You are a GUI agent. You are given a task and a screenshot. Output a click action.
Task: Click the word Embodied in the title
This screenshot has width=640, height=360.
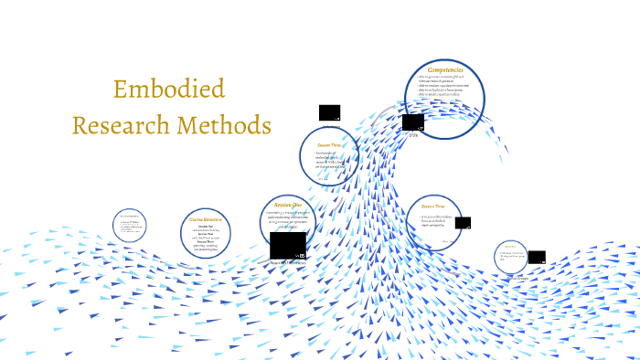pyautogui.click(x=169, y=90)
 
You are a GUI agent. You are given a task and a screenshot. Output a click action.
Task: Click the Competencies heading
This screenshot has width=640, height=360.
pyautogui.click(x=445, y=69)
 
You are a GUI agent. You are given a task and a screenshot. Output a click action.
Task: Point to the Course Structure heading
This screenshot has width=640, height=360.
pyautogui.click(x=205, y=219)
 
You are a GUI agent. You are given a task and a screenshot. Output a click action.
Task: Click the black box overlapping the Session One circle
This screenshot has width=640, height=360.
pyautogui.click(x=287, y=246)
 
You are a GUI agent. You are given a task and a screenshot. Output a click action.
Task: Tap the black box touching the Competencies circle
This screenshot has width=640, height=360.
pyautogui.click(x=412, y=122)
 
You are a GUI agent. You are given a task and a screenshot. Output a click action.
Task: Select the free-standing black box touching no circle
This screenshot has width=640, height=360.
pyautogui.click(x=329, y=112)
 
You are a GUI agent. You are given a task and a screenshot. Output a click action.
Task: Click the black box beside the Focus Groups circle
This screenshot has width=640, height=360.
pyautogui.click(x=537, y=257)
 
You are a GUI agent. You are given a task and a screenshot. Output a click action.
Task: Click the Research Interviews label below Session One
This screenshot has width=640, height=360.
pyautogui.click(x=289, y=263)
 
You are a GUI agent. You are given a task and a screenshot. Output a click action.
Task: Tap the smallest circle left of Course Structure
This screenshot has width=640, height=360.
pyautogui.click(x=129, y=226)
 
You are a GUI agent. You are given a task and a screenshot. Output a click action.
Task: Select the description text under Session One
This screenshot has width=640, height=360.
pyautogui.click(x=291, y=220)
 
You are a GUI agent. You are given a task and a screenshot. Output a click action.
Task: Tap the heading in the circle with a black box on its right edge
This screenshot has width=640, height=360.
pyautogui.click(x=433, y=207)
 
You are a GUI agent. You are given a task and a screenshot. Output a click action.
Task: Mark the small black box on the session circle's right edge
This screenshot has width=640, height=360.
pyautogui.click(x=463, y=222)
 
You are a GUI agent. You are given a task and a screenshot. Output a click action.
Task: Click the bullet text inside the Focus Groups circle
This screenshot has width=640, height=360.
pyautogui.click(x=511, y=258)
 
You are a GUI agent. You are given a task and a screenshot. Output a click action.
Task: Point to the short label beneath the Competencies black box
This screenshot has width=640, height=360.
pyautogui.click(x=413, y=135)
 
